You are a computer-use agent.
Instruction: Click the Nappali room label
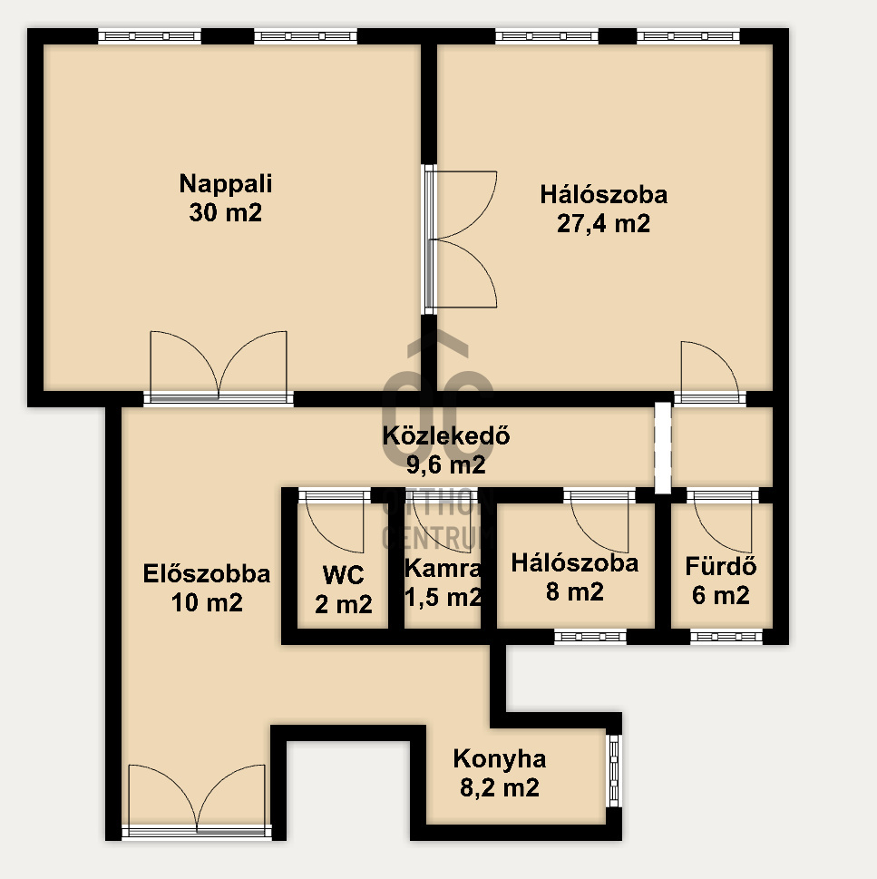[x=225, y=184]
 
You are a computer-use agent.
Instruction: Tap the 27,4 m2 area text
[x=603, y=224]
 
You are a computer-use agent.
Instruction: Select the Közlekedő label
[x=446, y=435]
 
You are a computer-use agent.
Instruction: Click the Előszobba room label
[x=207, y=573]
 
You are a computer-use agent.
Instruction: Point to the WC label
[x=343, y=575]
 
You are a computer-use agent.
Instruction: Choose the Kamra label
[x=443, y=569]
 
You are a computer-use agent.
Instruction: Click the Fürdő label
[x=721, y=566]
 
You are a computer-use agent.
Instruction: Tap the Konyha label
[x=500, y=758]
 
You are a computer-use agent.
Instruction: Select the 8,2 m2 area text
[x=500, y=787]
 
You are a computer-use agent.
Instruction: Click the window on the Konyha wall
[x=614, y=771]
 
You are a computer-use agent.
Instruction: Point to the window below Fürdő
[x=726, y=636]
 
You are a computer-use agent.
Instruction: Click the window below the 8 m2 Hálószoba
[x=590, y=636]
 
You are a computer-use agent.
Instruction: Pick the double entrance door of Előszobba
[x=197, y=802]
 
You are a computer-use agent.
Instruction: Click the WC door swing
[x=335, y=522]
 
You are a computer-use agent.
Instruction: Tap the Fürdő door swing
[x=723, y=522]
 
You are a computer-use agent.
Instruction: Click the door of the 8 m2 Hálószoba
[x=599, y=522]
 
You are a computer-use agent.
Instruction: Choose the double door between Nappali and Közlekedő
[x=219, y=367]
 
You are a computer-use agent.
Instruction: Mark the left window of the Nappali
[x=150, y=36]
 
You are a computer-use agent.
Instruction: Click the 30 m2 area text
[x=225, y=213]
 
